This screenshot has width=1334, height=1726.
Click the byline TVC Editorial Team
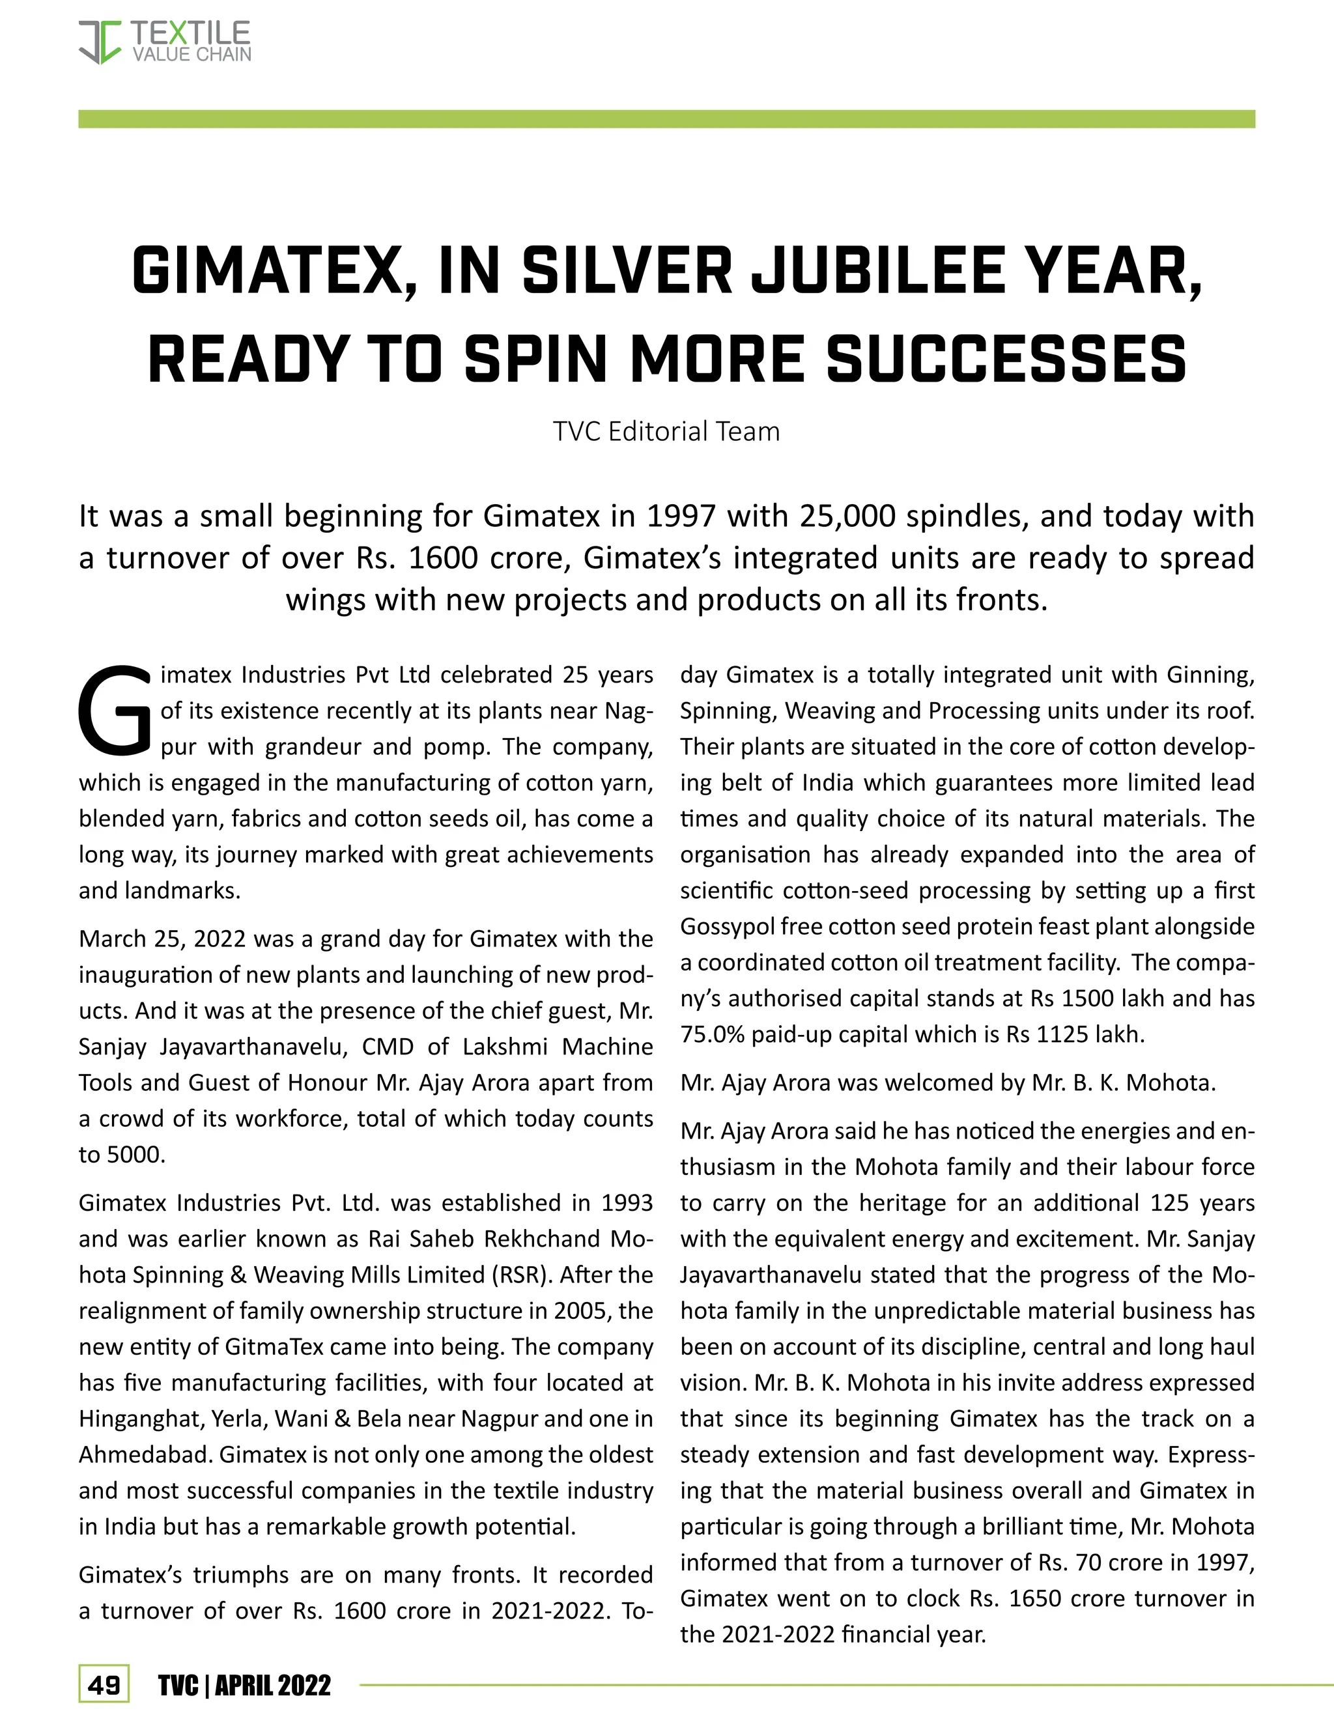click(666, 431)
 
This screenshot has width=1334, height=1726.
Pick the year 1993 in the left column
click(627, 1203)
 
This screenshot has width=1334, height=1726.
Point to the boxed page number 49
click(104, 1686)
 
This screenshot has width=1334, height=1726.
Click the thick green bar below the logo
click(666, 119)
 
